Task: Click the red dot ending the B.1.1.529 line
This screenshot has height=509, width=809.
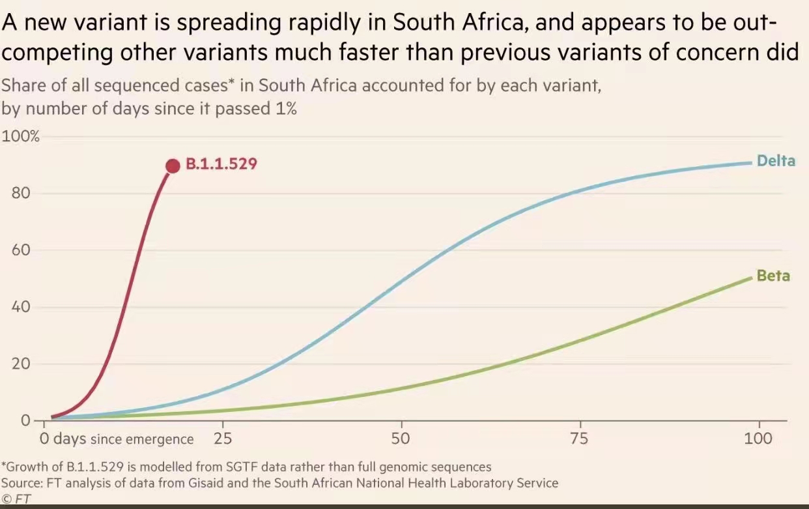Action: point(173,166)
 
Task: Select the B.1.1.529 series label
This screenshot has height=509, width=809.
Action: point(221,164)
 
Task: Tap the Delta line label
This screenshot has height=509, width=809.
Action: point(776,160)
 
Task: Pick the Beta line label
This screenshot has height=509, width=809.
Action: point(773,276)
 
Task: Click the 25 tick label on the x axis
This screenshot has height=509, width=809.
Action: point(223,438)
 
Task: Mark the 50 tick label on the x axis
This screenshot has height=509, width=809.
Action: point(401,438)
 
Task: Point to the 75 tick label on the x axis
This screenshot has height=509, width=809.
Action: point(578,438)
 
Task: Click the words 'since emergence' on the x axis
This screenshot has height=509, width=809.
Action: point(142,439)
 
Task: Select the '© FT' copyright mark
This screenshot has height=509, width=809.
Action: point(16,499)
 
